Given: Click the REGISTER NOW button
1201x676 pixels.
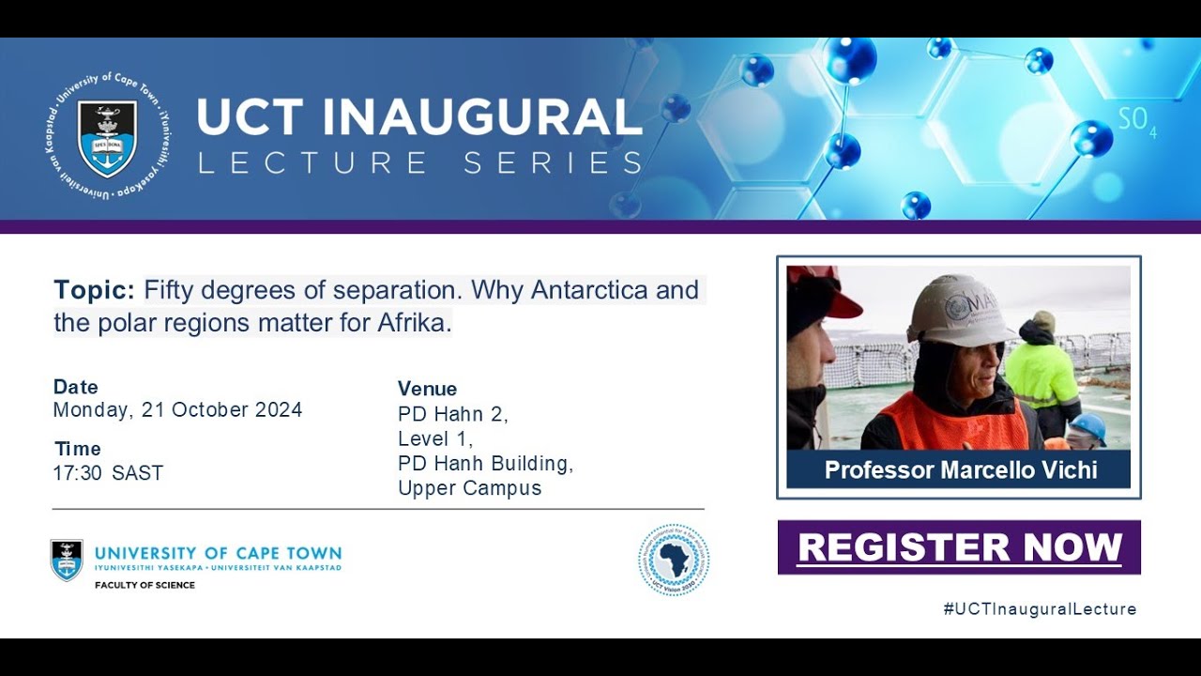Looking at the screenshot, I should point(959,547).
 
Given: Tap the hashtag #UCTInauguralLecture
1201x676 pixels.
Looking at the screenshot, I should point(1040,609).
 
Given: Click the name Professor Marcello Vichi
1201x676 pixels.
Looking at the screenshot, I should point(960,469).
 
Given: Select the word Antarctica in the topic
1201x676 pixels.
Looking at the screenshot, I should point(588,290).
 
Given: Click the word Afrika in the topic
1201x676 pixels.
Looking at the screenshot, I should point(413,324).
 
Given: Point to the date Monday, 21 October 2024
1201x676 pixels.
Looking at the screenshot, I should point(177,410).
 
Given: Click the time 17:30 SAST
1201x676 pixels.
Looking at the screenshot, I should point(108,473).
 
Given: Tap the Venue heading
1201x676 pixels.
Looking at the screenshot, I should point(427,389).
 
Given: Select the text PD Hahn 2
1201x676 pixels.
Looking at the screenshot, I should point(452,414).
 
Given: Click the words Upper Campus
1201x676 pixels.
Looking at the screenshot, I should point(469,488).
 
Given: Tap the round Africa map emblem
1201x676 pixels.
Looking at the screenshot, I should point(674,560).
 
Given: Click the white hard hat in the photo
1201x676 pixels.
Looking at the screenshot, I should point(958,311).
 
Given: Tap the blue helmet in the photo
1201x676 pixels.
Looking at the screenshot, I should point(1088,426).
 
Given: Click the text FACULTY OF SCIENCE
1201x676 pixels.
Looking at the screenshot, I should point(144,586).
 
